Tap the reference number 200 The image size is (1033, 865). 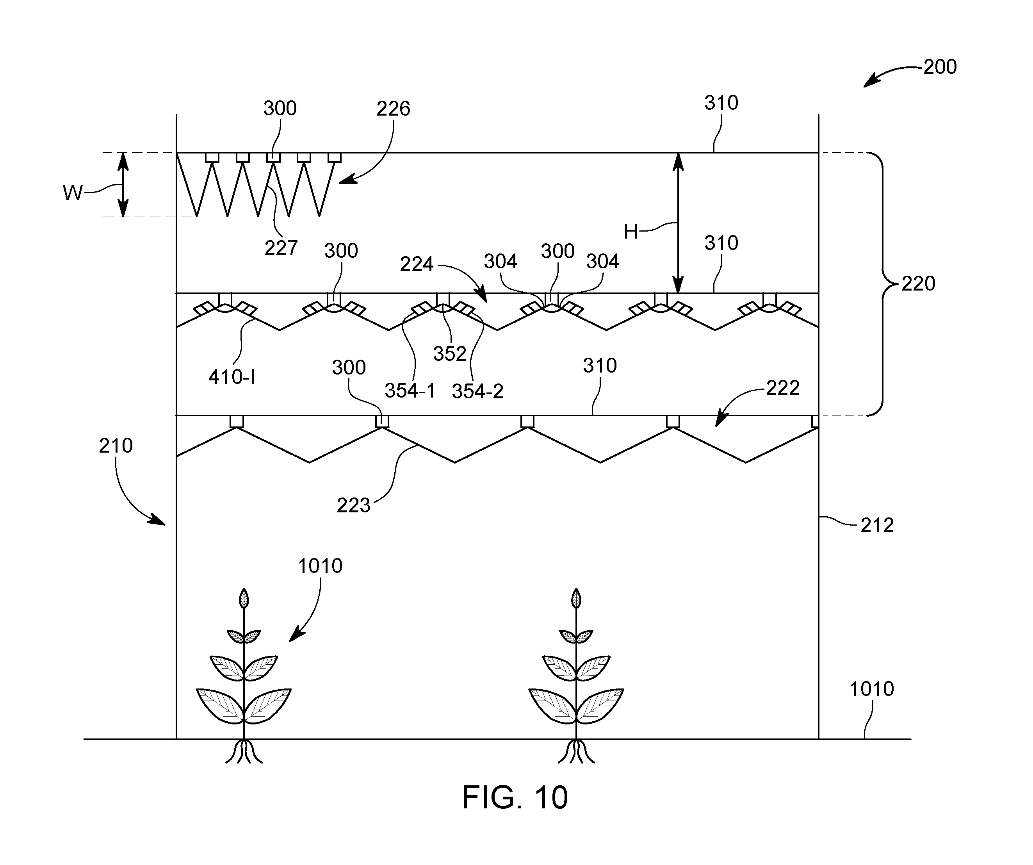click(x=940, y=67)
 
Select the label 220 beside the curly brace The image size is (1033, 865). click(x=918, y=284)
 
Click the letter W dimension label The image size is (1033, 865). click(x=73, y=193)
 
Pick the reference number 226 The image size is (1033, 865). click(x=393, y=109)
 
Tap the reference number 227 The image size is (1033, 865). click(x=281, y=248)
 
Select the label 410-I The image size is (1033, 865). click(x=232, y=377)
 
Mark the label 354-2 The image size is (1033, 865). click(x=477, y=391)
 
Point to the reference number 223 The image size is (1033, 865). click(x=353, y=505)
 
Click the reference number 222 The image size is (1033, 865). click(x=783, y=388)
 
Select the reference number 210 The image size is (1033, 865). click(x=116, y=446)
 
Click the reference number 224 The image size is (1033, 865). click(x=416, y=265)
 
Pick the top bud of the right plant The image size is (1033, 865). click(x=575, y=598)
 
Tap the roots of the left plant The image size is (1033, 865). click(x=244, y=751)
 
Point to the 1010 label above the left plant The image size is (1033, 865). click(x=320, y=566)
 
